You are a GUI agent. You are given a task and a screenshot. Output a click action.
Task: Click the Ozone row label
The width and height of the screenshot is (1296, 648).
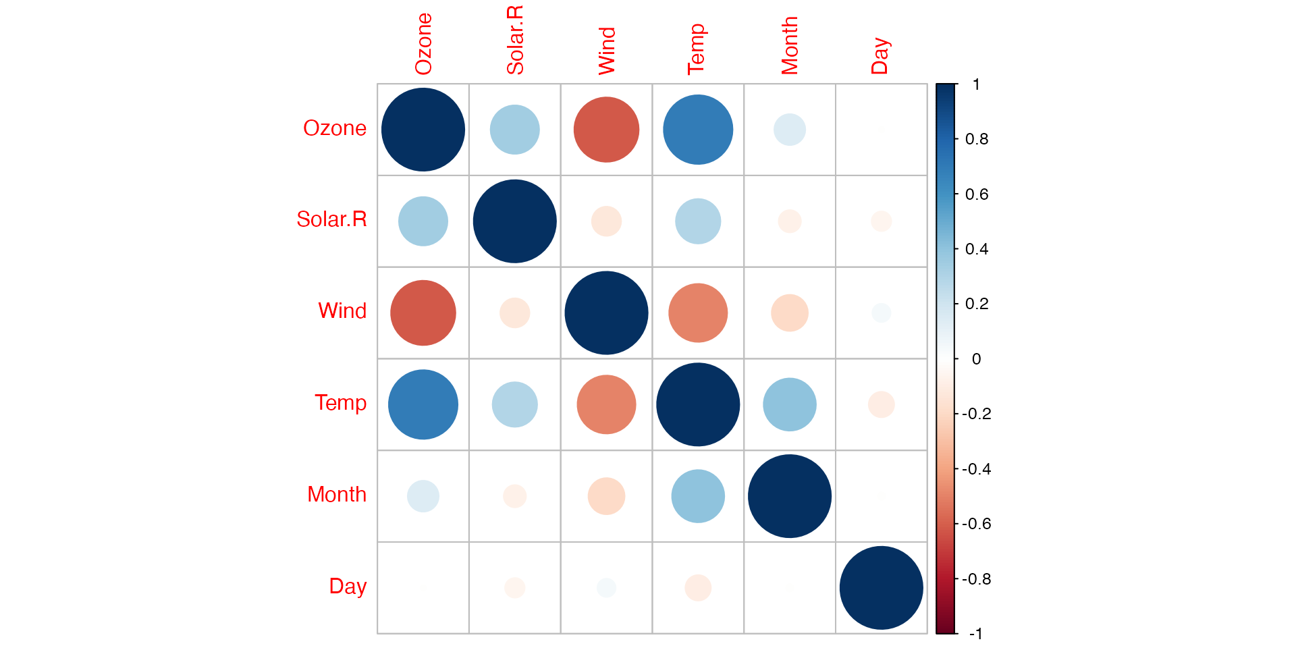pyautogui.click(x=334, y=128)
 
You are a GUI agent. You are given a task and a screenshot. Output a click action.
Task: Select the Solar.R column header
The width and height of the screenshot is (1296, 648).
pyautogui.click(x=515, y=40)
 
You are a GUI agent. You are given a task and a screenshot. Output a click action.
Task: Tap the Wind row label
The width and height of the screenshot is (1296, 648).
pyautogui.click(x=342, y=311)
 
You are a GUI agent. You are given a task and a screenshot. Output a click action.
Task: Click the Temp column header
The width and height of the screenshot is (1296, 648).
pyautogui.click(x=697, y=49)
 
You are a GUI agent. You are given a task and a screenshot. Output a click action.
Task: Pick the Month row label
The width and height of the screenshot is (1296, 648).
pyautogui.click(x=336, y=495)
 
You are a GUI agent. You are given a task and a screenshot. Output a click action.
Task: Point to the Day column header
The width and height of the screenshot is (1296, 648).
pyautogui.click(x=880, y=56)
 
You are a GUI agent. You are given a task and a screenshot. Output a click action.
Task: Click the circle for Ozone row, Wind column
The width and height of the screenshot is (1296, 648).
pyautogui.click(x=606, y=130)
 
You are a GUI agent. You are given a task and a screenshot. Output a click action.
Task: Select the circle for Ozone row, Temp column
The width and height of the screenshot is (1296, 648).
pyautogui.click(x=698, y=130)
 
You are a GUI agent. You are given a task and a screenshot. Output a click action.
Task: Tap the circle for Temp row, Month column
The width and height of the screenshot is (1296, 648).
pyautogui.click(x=790, y=404)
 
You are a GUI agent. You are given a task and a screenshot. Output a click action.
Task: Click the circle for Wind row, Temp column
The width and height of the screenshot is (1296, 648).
pyautogui.click(x=698, y=313)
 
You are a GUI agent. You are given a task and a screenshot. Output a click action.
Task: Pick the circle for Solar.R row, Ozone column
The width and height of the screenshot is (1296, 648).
pyautogui.click(x=423, y=221)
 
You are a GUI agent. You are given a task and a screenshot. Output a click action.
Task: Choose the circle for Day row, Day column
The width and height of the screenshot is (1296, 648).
pyautogui.click(x=882, y=588)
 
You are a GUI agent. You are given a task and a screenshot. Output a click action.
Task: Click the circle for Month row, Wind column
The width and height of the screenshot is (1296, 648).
pyautogui.click(x=606, y=496)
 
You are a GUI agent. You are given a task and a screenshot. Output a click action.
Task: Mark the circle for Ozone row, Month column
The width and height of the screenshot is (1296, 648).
pyautogui.click(x=790, y=130)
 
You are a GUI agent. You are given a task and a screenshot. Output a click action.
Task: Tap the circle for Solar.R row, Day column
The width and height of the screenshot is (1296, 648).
pyautogui.click(x=882, y=221)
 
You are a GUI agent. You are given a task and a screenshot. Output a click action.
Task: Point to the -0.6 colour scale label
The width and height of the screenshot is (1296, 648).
pyautogui.click(x=977, y=524)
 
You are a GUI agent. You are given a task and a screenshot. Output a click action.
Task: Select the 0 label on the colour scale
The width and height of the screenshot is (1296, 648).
pyautogui.click(x=976, y=359)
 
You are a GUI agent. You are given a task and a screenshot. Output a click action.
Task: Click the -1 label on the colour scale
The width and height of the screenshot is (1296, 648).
pyautogui.click(x=975, y=634)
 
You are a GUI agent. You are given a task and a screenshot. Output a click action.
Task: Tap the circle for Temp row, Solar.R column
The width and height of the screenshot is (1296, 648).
pyautogui.click(x=515, y=404)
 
